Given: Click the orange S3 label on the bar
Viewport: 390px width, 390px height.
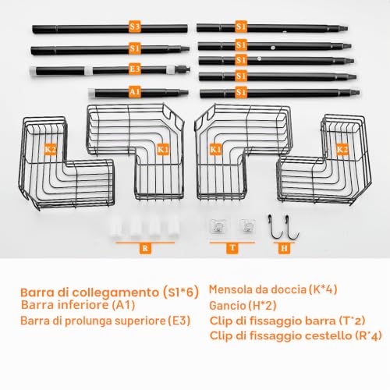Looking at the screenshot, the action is click(135, 27).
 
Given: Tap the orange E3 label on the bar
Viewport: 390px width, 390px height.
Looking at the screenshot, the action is click(135, 69).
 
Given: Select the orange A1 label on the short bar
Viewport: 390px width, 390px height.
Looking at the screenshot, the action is click(135, 92).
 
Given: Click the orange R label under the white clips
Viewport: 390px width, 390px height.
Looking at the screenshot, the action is click(145, 248).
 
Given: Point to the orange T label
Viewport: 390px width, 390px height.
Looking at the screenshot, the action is click(232, 248).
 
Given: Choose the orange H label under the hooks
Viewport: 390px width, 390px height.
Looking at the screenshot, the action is click(284, 248).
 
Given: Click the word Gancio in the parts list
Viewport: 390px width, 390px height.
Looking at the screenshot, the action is click(228, 306).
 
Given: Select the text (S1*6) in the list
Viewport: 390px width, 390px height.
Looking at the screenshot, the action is click(181, 292).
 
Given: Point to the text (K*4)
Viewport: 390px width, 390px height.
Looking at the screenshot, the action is click(323, 289).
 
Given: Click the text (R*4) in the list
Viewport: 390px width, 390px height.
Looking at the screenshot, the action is click(368, 335).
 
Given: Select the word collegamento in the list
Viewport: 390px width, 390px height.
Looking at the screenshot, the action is click(115, 292).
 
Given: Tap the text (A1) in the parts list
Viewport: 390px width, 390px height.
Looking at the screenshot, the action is click(123, 305).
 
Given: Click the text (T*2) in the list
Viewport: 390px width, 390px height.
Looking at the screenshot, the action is click(353, 321).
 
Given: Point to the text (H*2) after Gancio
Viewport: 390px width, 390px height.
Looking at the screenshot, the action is click(262, 306).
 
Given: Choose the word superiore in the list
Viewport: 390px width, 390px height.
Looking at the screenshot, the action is click(140, 321).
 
